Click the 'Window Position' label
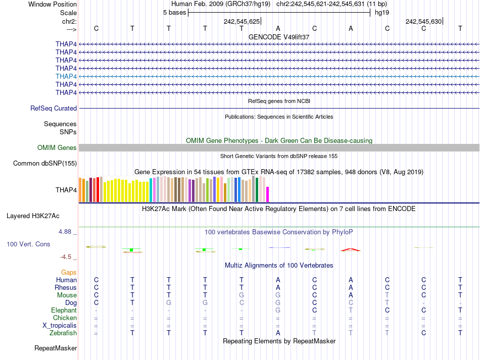53,4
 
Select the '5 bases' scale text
174,13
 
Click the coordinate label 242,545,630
423,22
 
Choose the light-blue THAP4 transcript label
66,76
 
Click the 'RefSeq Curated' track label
54,108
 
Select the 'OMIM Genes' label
57,147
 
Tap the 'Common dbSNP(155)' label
45,163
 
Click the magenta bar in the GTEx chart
268,194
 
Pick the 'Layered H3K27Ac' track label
33,216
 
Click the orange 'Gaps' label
69,272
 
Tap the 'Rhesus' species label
66,287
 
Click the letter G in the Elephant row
278,310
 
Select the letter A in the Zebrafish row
278,333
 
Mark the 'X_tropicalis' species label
60,325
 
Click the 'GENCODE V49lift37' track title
279,37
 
